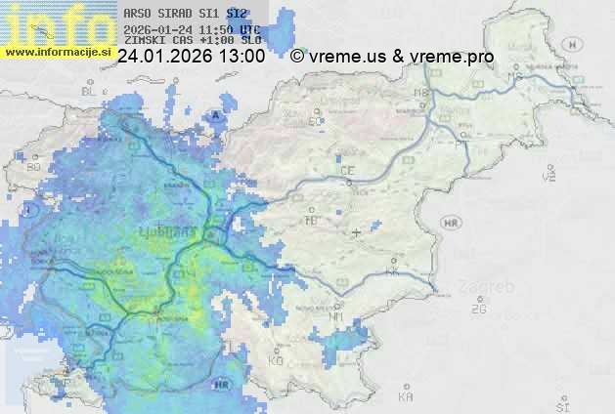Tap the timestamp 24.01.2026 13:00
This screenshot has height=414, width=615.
(x=191, y=57)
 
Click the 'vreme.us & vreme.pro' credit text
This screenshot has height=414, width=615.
(x=401, y=57)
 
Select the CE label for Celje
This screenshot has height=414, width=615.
(x=346, y=171)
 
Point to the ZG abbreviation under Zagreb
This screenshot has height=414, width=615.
(x=478, y=309)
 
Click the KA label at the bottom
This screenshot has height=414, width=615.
(x=406, y=397)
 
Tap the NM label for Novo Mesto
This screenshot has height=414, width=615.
(x=336, y=316)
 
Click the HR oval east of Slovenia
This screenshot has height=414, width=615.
(x=451, y=224)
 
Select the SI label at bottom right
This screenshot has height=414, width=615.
(x=561, y=403)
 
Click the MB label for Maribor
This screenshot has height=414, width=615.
(x=421, y=94)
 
